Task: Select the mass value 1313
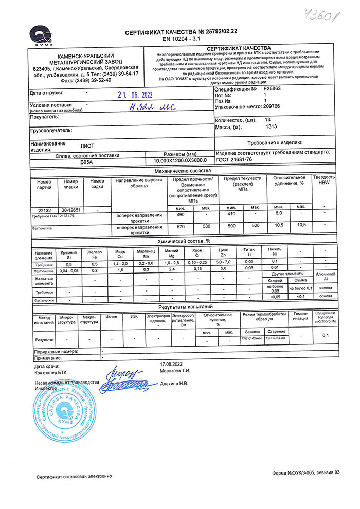271,126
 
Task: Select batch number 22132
44,210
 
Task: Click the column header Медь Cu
120,253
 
